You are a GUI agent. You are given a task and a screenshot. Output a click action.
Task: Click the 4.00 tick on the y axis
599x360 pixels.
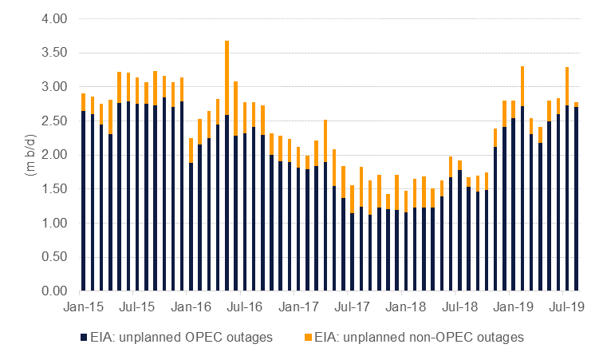(x=54, y=18)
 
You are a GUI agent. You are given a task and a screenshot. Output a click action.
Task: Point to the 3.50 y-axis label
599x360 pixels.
(x=54, y=53)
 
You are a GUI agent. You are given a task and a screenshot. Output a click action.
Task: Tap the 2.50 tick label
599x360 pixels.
(x=54, y=121)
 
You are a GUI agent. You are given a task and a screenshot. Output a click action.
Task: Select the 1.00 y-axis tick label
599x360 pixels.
(x=54, y=223)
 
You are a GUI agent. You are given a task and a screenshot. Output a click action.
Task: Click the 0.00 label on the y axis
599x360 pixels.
(x=54, y=291)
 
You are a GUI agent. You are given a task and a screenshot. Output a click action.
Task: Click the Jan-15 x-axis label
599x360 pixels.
(x=83, y=307)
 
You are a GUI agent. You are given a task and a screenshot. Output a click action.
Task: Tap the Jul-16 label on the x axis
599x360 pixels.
(x=244, y=307)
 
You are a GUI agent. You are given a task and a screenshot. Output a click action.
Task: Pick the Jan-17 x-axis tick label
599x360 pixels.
(x=298, y=307)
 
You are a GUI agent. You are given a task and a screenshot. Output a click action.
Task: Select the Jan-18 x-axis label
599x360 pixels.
(x=406, y=307)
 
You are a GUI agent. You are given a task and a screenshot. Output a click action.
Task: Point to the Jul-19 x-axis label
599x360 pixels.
(x=566, y=307)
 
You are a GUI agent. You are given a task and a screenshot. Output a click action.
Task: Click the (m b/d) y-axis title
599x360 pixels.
(x=30, y=155)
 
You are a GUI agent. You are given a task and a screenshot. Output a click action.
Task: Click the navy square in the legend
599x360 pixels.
(x=84, y=338)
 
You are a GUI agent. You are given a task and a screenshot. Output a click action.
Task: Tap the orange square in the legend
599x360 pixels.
(x=308, y=338)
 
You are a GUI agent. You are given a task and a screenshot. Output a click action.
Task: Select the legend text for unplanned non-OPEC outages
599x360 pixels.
(x=419, y=338)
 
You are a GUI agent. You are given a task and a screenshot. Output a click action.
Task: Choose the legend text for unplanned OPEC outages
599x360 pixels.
(x=182, y=338)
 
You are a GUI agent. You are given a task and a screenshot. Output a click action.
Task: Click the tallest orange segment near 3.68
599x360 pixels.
(x=227, y=77)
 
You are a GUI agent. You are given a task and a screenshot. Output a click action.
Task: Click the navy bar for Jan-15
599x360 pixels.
(x=83, y=201)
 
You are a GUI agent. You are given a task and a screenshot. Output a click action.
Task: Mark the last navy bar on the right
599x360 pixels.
(x=576, y=199)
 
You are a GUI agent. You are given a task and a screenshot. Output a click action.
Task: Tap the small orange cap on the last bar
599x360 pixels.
(x=576, y=105)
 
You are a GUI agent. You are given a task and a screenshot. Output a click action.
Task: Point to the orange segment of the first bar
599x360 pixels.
(x=83, y=102)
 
